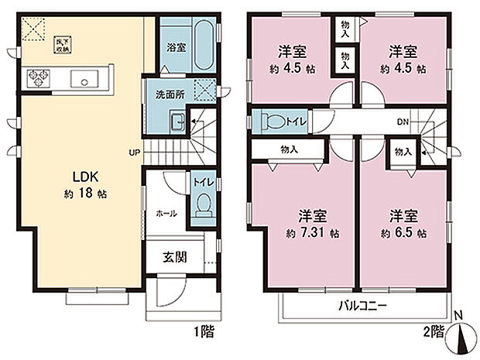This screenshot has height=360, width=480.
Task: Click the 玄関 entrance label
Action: [174, 256]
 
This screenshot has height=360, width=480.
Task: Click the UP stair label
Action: [135, 153]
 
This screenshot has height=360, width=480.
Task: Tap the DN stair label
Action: [403, 122]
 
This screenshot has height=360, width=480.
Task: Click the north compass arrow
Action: [465, 337]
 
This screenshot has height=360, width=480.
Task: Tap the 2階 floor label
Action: [434, 332]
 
